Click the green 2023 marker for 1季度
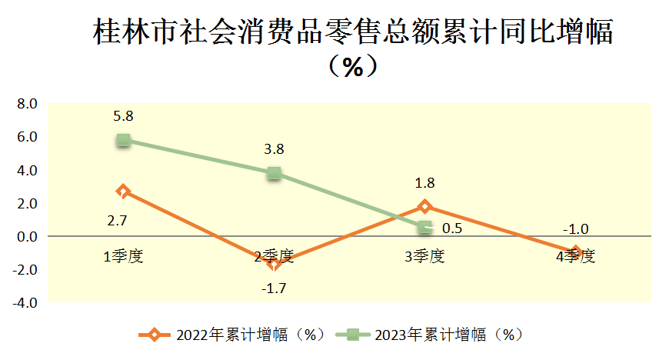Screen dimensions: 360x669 coord(123,140)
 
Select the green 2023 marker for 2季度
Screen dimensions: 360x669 coord(274,173)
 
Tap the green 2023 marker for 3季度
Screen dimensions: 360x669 coord(424,228)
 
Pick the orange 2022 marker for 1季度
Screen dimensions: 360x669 coord(123,191)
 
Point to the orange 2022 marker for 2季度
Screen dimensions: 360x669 coord(274,264)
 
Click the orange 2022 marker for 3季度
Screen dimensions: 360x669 coord(424,206)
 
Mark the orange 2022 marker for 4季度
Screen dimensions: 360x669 coord(574,252)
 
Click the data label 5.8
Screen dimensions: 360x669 coord(123,117)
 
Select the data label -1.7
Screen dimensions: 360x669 coord(275,288)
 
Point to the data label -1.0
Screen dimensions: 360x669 coord(575,228)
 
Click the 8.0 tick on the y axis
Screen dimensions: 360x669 coord(27,104)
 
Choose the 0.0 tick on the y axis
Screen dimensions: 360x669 coord(27,237)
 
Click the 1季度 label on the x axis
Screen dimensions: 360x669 coord(123,256)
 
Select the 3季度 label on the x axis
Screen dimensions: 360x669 coord(424,256)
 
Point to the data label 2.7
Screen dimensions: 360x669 coord(118,220)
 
